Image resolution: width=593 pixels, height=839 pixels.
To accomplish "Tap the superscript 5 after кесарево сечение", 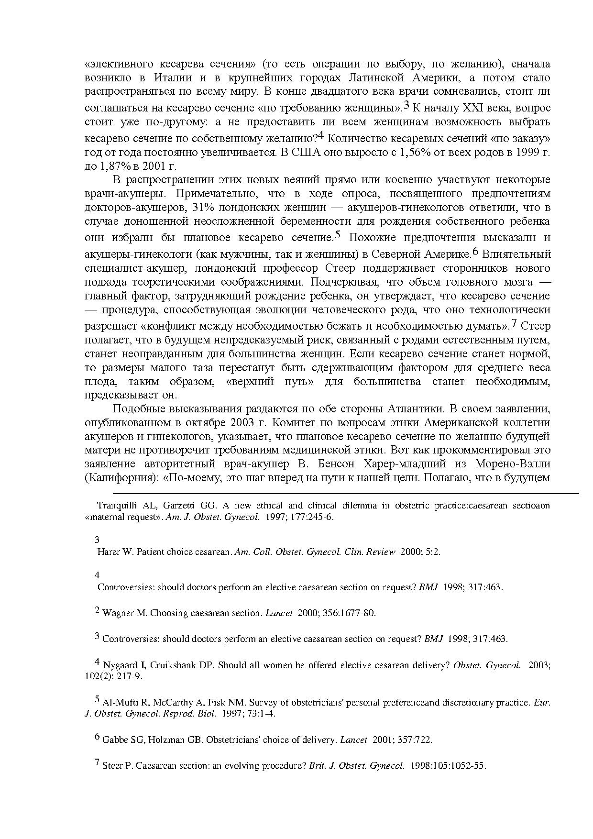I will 337,235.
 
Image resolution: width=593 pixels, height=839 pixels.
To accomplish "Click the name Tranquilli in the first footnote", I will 115,506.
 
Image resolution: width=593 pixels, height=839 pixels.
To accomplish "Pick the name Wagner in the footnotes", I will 119,613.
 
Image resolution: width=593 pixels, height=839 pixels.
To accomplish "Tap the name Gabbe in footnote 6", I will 114,740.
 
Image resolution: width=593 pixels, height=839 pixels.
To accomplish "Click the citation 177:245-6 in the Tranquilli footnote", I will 314,517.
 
